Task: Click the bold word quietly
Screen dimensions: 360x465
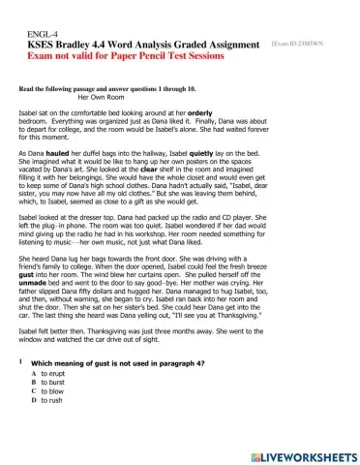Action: pos(216,154)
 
